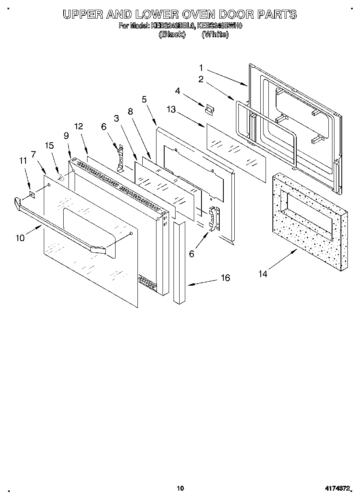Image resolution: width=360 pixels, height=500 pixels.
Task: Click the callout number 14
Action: (263, 274)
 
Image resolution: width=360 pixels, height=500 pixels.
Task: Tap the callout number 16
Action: (225, 278)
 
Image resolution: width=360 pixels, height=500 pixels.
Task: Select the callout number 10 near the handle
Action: (20, 238)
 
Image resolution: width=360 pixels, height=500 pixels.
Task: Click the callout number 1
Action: (201, 67)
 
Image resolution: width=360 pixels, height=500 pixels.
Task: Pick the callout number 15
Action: (49, 145)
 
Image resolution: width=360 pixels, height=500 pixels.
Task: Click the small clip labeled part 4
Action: (210, 109)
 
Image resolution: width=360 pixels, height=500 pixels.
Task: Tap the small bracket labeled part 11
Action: (32, 195)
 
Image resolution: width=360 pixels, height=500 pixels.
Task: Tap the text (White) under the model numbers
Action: (215, 34)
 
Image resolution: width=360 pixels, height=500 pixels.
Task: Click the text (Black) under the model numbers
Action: (172, 34)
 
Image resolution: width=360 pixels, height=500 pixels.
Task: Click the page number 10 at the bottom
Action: (180, 488)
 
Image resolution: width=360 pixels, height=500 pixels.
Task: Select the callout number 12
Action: (78, 126)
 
